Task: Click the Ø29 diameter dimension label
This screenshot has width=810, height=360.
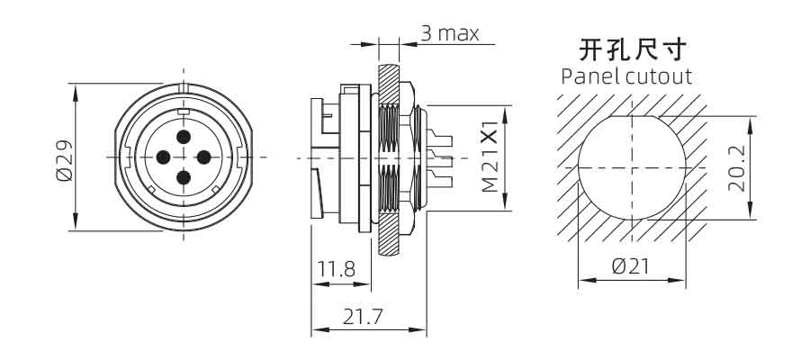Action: pyautogui.click(x=65, y=160)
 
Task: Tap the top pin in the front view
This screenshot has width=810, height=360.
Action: pyautogui.click(x=184, y=137)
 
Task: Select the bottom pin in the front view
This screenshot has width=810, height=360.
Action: pyautogui.click(x=184, y=177)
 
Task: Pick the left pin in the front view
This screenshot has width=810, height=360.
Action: pyautogui.click(x=163, y=157)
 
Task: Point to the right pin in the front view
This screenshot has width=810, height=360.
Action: pyautogui.click(x=204, y=157)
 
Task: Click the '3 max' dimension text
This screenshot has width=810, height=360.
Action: pyautogui.click(x=450, y=33)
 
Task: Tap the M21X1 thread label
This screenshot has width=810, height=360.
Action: pyautogui.click(x=490, y=157)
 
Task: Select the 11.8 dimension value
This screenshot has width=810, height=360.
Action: pyautogui.click(x=337, y=269)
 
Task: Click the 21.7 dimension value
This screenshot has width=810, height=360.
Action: pyautogui.click(x=363, y=316)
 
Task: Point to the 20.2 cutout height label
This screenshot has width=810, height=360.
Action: pyautogui.click(x=737, y=168)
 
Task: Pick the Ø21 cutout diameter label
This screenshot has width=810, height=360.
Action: pyautogui.click(x=630, y=266)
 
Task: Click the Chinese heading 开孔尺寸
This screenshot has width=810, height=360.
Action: pyautogui.click(x=633, y=49)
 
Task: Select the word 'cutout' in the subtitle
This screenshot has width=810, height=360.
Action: pyautogui.click(x=658, y=77)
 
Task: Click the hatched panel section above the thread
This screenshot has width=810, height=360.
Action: pyautogui.click(x=389, y=85)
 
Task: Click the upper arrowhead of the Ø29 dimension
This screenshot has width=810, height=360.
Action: pyautogui.click(x=76, y=94)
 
